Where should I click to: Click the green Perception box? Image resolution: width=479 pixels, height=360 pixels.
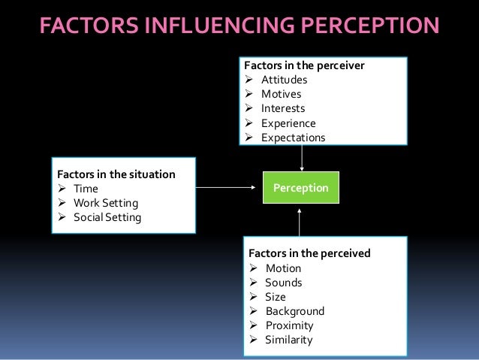(300, 187)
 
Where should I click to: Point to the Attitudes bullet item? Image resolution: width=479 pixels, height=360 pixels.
(284, 80)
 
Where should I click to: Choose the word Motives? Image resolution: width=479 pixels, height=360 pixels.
(281, 94)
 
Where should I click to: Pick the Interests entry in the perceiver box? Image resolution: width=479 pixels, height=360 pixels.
(283, 108)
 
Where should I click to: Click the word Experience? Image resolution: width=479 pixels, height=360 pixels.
(288, 123)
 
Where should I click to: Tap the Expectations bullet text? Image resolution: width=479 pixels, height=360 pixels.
(293, 138)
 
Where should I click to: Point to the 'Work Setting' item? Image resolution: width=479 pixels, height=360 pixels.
(106, 203)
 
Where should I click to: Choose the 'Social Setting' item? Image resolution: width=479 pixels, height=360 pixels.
(107, 218)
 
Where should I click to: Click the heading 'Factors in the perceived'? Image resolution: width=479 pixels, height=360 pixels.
(309, 254)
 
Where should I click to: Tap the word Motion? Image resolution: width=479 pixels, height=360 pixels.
(283, 268)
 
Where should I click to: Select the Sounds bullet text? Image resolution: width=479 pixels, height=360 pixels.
(283, 283)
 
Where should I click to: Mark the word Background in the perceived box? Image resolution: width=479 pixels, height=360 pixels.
(294, 311)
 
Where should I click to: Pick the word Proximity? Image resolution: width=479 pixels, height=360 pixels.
(289, 325)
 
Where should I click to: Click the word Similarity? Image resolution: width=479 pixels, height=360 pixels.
(288, 340)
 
